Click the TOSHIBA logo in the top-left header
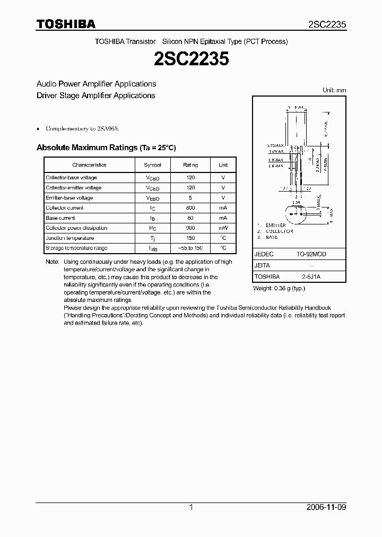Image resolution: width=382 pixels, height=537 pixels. pyautogui.click(x=66, y=24)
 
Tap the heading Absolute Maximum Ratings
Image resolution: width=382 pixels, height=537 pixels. pyautogui.click(x=86, y=148)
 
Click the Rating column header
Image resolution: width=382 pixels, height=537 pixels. pyautogui.click(x=190, y=165)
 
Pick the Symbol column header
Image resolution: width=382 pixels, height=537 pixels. pyautogui.click(x=152, y=165)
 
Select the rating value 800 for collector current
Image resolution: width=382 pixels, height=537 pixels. pyautogui.click(x=190, y=208)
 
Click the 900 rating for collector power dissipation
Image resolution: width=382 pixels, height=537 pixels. pyautogui.click(x=190, y=228)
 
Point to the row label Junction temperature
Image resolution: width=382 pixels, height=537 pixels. pyautogui.click(x=70, y=238)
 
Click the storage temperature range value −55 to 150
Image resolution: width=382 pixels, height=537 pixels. pyautogui.click(x=190, y=248)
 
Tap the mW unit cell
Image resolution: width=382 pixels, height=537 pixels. pyautogui.click(x=223, y=228)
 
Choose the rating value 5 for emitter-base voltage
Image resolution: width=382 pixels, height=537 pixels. pyautogui.click(x=190, y=198)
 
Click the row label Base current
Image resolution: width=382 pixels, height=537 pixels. pyautogui.click(x=60, y=218)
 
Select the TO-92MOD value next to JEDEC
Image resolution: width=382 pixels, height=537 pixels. pyautogui.click(x=311, y=254)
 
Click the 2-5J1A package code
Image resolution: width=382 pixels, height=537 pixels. pyautogui.click(x=311, y=276)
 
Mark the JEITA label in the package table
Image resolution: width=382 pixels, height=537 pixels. pyautogui.click(x=263, y=265)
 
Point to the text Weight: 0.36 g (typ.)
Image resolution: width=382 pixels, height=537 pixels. pyautogui.click(x=279, y=288)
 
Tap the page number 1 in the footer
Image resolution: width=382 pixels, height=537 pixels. pyautogui.click(x=191, y=507)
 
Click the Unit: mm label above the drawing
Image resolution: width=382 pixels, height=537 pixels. pyautogui.click(x=334, y=90)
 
